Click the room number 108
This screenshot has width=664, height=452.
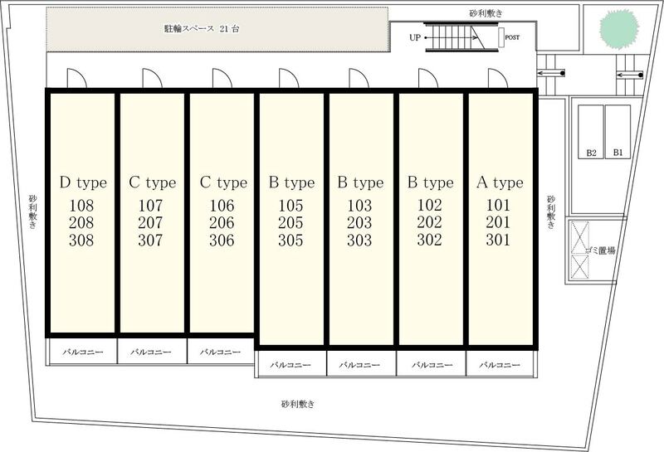pos(81,206)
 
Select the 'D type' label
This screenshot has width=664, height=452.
pos(83,182)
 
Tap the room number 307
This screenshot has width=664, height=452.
pos(150,241)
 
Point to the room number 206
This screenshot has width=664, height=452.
pos(222,223)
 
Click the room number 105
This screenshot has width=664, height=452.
pos(290,206)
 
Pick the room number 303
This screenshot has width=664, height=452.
pos(359,241)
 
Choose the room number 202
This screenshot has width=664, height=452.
pos(429,222)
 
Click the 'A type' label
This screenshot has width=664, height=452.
pos(500,182)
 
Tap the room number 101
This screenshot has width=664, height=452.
pos(498,205)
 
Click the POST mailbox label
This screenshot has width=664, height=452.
pos(512,37)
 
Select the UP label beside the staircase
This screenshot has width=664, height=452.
pos(415,37)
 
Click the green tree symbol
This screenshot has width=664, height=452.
pos(618,29)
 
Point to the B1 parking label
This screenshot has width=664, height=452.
pos(618,153)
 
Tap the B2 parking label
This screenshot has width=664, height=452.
pos(591,153)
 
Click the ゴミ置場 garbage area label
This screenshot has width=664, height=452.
pos(600,250)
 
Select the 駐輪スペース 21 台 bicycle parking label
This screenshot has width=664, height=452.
pos(202,29)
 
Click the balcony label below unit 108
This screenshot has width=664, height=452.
pos(83,352)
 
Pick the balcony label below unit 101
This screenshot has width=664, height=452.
pos(500,365)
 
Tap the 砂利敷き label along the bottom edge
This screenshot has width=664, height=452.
pos(298,404)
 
